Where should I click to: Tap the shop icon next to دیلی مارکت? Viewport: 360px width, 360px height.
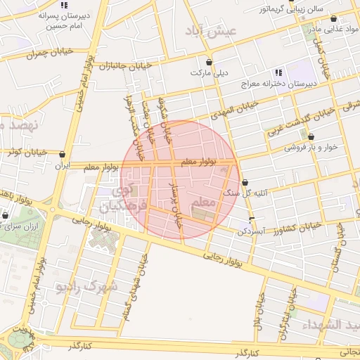tap(209, 62)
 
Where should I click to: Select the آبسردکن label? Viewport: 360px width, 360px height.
tap(250, 231)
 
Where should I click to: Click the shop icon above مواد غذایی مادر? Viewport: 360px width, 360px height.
tap(333, 19)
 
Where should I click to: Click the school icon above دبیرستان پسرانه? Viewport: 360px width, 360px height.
tap(65, 5)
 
